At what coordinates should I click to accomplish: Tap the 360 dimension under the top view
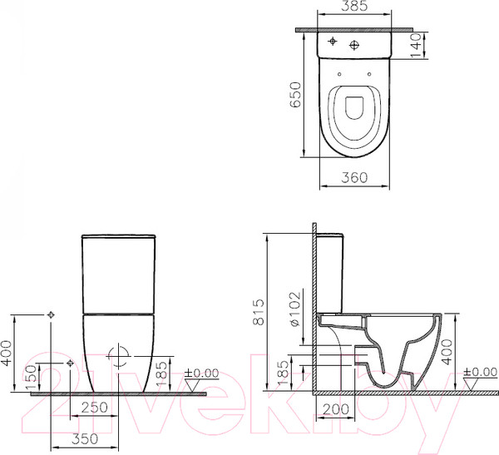(355, 176)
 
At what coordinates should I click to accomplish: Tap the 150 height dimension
(32, 376)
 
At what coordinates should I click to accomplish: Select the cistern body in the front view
(119, 270)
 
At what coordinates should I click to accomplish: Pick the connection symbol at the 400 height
(52, 315)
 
